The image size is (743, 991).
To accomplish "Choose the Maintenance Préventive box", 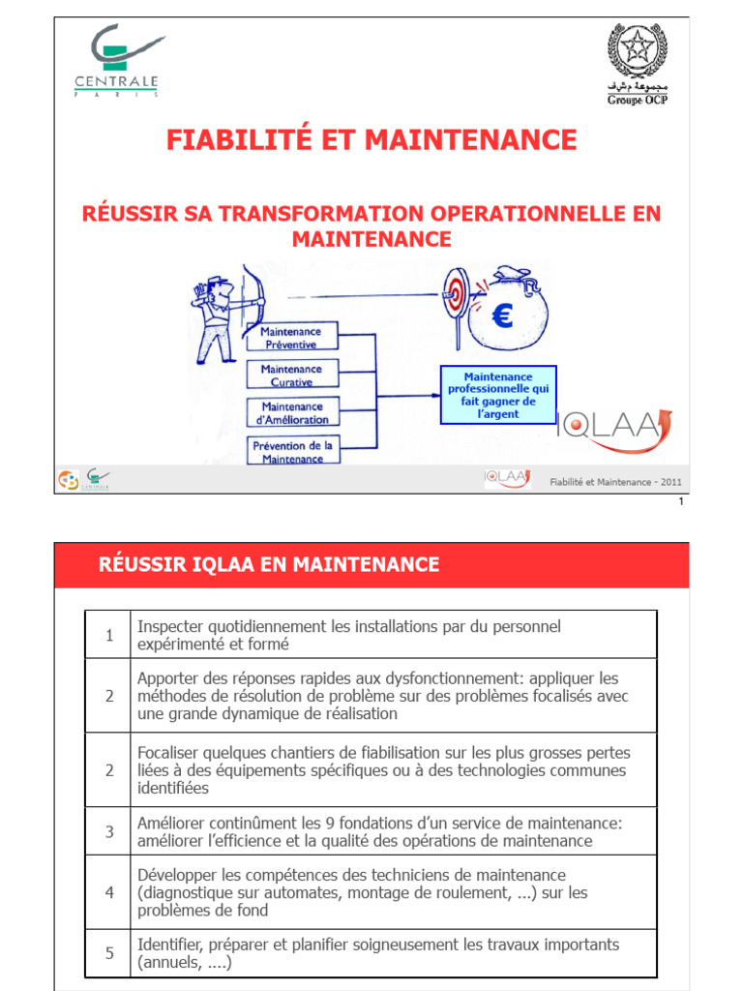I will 291,338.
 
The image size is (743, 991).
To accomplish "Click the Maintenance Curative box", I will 291,375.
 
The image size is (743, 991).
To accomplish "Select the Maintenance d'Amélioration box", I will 291,413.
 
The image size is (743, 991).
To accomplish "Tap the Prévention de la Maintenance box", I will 291,451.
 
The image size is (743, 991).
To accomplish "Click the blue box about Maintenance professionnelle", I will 498,395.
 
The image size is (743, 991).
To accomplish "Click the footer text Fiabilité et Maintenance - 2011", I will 615,481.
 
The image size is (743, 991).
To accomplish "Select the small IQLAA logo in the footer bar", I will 507,477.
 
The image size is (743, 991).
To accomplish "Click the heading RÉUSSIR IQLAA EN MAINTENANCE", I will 269,565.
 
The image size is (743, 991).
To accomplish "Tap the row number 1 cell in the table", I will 109,635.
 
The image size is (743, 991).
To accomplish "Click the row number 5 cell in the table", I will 109,953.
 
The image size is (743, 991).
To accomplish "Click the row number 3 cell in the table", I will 109,831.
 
